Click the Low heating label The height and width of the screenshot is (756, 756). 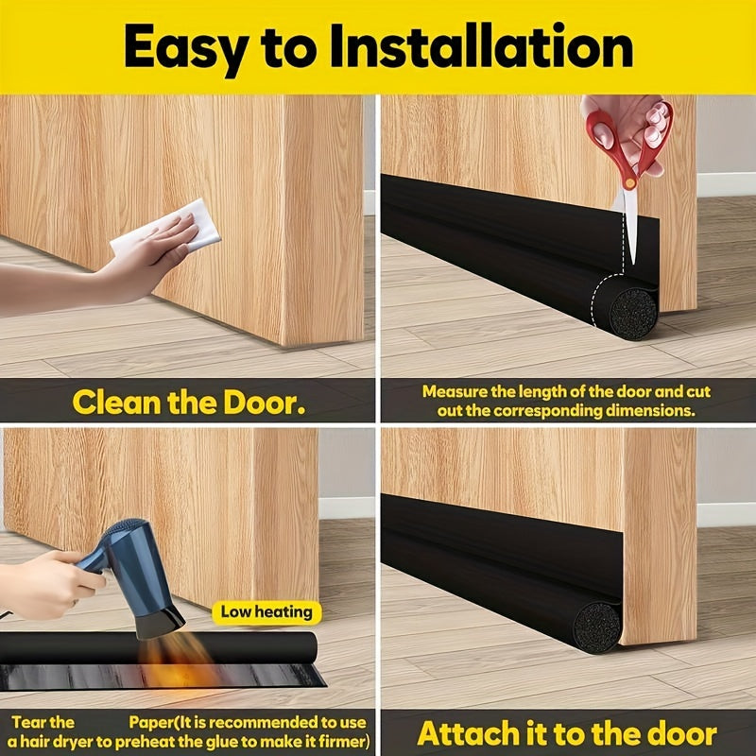(x=266, y=611)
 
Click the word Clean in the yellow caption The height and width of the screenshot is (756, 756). (x=120, y=403)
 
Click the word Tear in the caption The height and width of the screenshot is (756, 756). (x=40, y=722)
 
